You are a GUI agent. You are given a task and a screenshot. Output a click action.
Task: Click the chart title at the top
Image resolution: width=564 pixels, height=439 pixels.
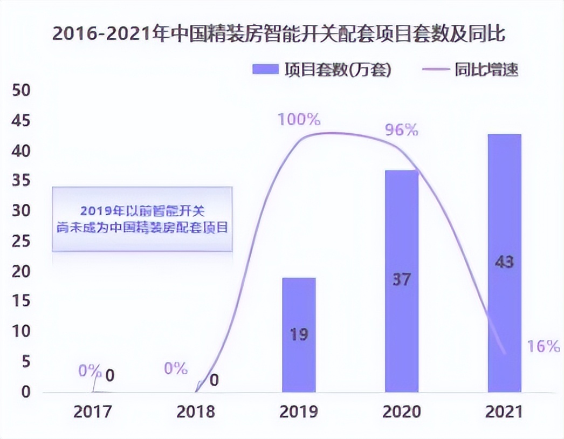tap(279, 34)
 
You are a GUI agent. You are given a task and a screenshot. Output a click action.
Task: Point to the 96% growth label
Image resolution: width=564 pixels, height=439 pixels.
tap(401, 130)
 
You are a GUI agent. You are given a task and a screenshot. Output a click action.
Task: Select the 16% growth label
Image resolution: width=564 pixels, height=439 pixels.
tap(544, 346)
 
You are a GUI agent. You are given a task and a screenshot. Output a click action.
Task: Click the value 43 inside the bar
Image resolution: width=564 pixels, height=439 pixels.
tap(504, 263)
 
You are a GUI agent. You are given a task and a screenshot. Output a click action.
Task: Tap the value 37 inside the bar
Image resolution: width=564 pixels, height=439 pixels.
tap(402, 280)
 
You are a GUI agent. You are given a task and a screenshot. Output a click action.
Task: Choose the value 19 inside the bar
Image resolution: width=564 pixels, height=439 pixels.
tap(299, 334)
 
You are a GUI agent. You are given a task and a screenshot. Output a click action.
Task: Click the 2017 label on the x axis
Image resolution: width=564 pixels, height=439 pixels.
tap(93, 412)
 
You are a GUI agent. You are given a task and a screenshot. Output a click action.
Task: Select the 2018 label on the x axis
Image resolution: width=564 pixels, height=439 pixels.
tap(196, 412)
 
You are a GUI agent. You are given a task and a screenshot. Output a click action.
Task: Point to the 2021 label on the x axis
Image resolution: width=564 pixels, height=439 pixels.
tap(504, 412)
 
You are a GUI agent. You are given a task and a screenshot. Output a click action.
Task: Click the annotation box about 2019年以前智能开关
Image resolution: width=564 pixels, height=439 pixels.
tap(142, 219)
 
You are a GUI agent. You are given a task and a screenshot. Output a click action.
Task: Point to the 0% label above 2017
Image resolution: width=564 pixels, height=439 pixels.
tap(90, 371)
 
